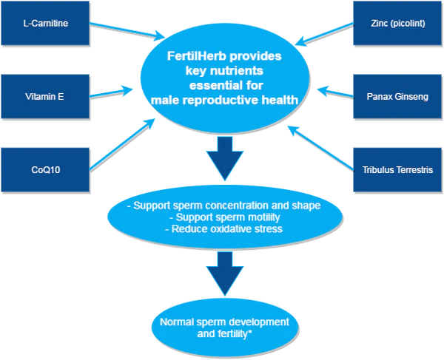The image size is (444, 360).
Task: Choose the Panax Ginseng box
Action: (x=398, y=97)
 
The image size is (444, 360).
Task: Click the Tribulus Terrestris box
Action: (x=398, y=170)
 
